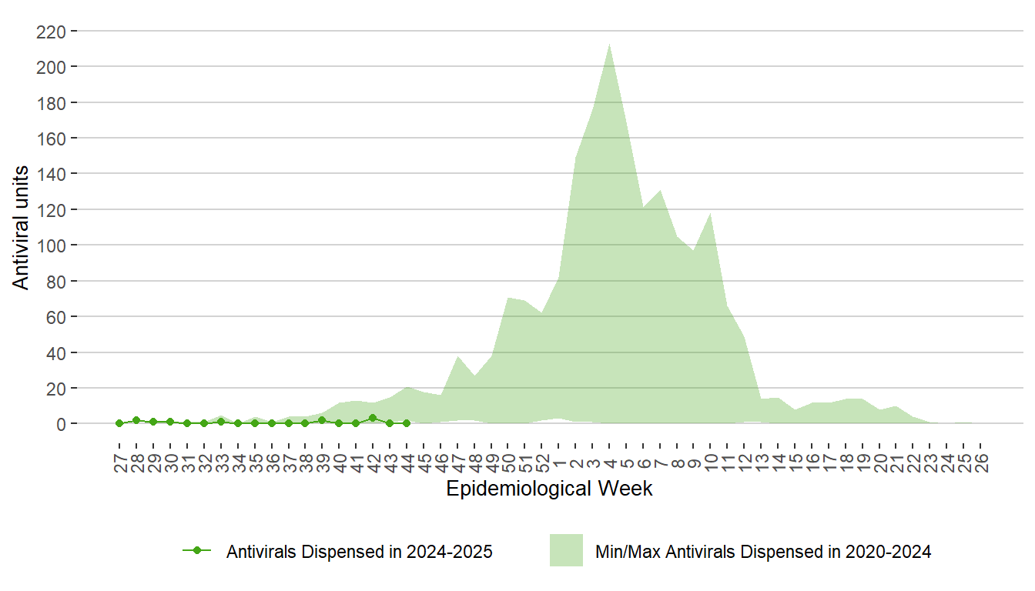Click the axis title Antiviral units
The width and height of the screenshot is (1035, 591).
pyautogui.click(x=22, y=228)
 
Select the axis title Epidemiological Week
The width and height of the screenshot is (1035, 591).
pyautogui.click(x=549, y=489)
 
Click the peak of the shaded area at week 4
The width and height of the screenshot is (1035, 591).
pyautogui.click(x=610, y=44)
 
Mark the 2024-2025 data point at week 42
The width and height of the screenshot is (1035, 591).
pyautogui.click(x=373, y=419)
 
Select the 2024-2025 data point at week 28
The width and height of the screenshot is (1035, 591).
pyautogui.click(x=136, y=420)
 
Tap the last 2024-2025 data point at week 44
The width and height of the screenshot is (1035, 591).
pyautogui.click(x=407, y=423)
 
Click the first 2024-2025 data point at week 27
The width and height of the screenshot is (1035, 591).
pyautogui.click(x=119, y=423)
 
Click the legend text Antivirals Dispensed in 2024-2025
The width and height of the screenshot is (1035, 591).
pyautogui.click(x=360, y=552)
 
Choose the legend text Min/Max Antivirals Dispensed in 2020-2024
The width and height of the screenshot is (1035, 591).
pyautogui.click(x=763, y=552)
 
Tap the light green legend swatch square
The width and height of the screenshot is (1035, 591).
pyautogui.click(x=566, y=550)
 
